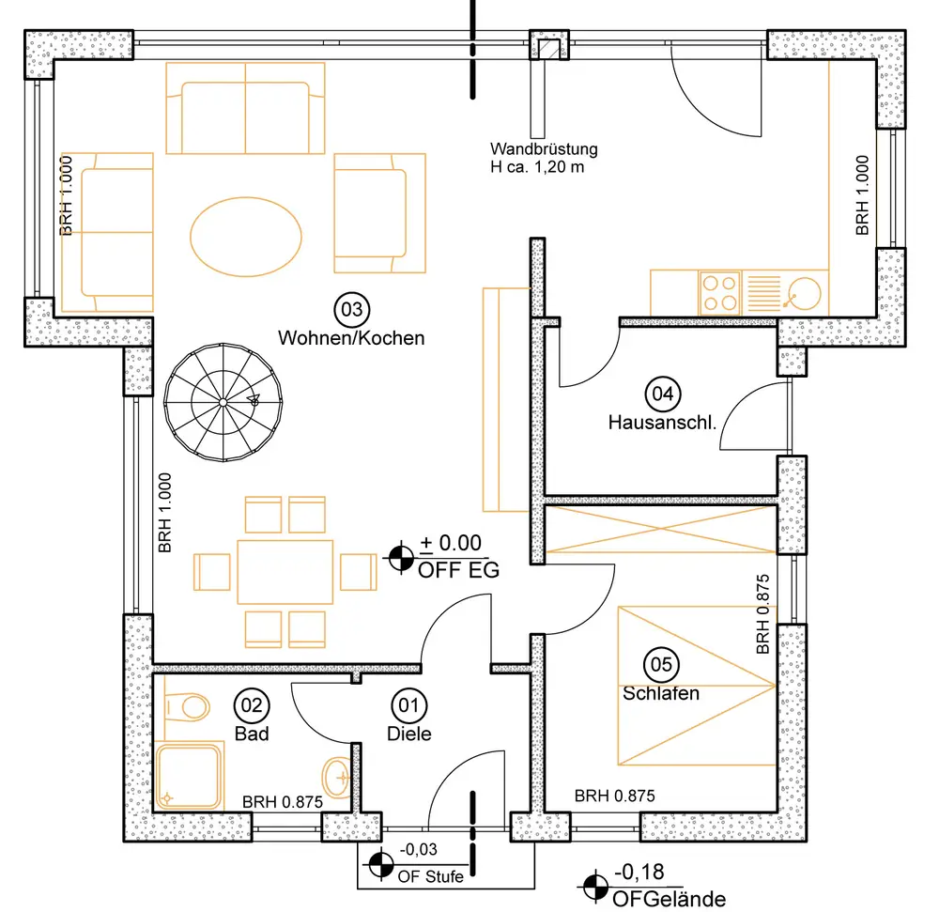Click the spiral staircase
(x=223, y=402)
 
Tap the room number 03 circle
(x=351, y=310)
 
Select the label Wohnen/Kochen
(x=351, y=338)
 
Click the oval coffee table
(x=245, y=237)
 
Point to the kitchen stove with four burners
(x=720, y=293)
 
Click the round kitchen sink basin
(x=804, y=294)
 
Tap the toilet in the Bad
(x=187, y=706)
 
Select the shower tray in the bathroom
(x=188, y=776)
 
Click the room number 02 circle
(x=252, y=705)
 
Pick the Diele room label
(x=409, y=734)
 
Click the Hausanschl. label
(x=662, y=423)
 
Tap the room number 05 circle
(x=661, y=665)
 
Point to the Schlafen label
(x=661, y=693)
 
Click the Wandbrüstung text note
(x=544, y=158)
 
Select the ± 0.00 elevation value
(x=451, y=543)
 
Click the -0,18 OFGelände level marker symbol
(x=595, y=886)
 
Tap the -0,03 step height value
(x=419, y=850)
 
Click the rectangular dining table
(x=285, y=572)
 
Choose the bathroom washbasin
(x=336, y=778)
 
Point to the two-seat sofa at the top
(x=245, y=108)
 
